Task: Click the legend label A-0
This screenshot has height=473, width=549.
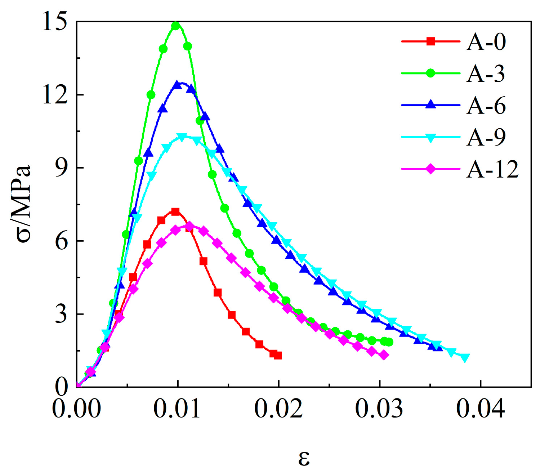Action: pos(486,42)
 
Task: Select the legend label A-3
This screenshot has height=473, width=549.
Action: pos(486,73)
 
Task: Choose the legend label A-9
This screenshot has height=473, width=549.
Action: pos(486,137)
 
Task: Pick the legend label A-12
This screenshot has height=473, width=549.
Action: pos(492,169)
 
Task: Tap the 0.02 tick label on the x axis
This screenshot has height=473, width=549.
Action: pos(278,409)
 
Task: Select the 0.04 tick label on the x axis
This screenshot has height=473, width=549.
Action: pos(481,409)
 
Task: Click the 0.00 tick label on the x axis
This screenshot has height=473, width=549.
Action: pos(77,409)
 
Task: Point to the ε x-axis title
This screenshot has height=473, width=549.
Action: pos(304,458)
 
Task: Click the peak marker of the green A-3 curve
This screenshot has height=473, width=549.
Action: pos(176,26)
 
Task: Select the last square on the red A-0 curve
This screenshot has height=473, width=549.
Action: pos(278,356)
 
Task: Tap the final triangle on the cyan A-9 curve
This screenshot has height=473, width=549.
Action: pos(465,358)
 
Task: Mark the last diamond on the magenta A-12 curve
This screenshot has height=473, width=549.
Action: pos(384,355)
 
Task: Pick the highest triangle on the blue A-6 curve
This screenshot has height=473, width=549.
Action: pos(177,85)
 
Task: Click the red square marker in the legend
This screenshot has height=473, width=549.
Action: pos(430,41)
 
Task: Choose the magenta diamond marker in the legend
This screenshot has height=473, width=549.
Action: pos(430,169)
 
